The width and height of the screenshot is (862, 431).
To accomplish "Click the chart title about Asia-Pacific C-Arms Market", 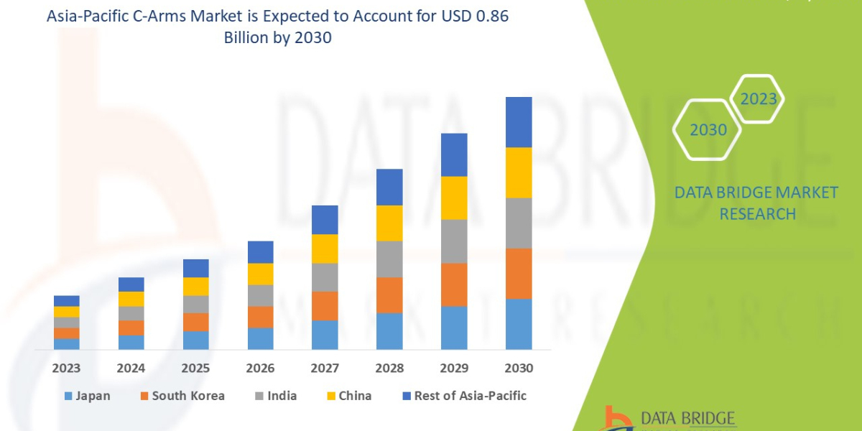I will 277,28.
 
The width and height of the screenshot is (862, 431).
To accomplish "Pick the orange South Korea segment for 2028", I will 389,295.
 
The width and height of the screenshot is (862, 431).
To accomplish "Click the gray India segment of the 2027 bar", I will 325,277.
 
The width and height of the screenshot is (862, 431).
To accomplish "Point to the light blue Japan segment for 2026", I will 260,338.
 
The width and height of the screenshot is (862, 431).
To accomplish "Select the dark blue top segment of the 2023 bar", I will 67,301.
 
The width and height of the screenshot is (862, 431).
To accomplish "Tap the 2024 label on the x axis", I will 131,369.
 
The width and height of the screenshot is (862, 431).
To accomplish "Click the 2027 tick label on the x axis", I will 325,369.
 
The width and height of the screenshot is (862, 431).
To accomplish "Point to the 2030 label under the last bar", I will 519,369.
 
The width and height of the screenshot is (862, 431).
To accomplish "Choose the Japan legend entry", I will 87,396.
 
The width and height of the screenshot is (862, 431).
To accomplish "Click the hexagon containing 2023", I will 759,99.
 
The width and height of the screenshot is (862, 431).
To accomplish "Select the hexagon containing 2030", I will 708,130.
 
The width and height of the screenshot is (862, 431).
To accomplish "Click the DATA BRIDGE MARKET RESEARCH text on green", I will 757,203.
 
